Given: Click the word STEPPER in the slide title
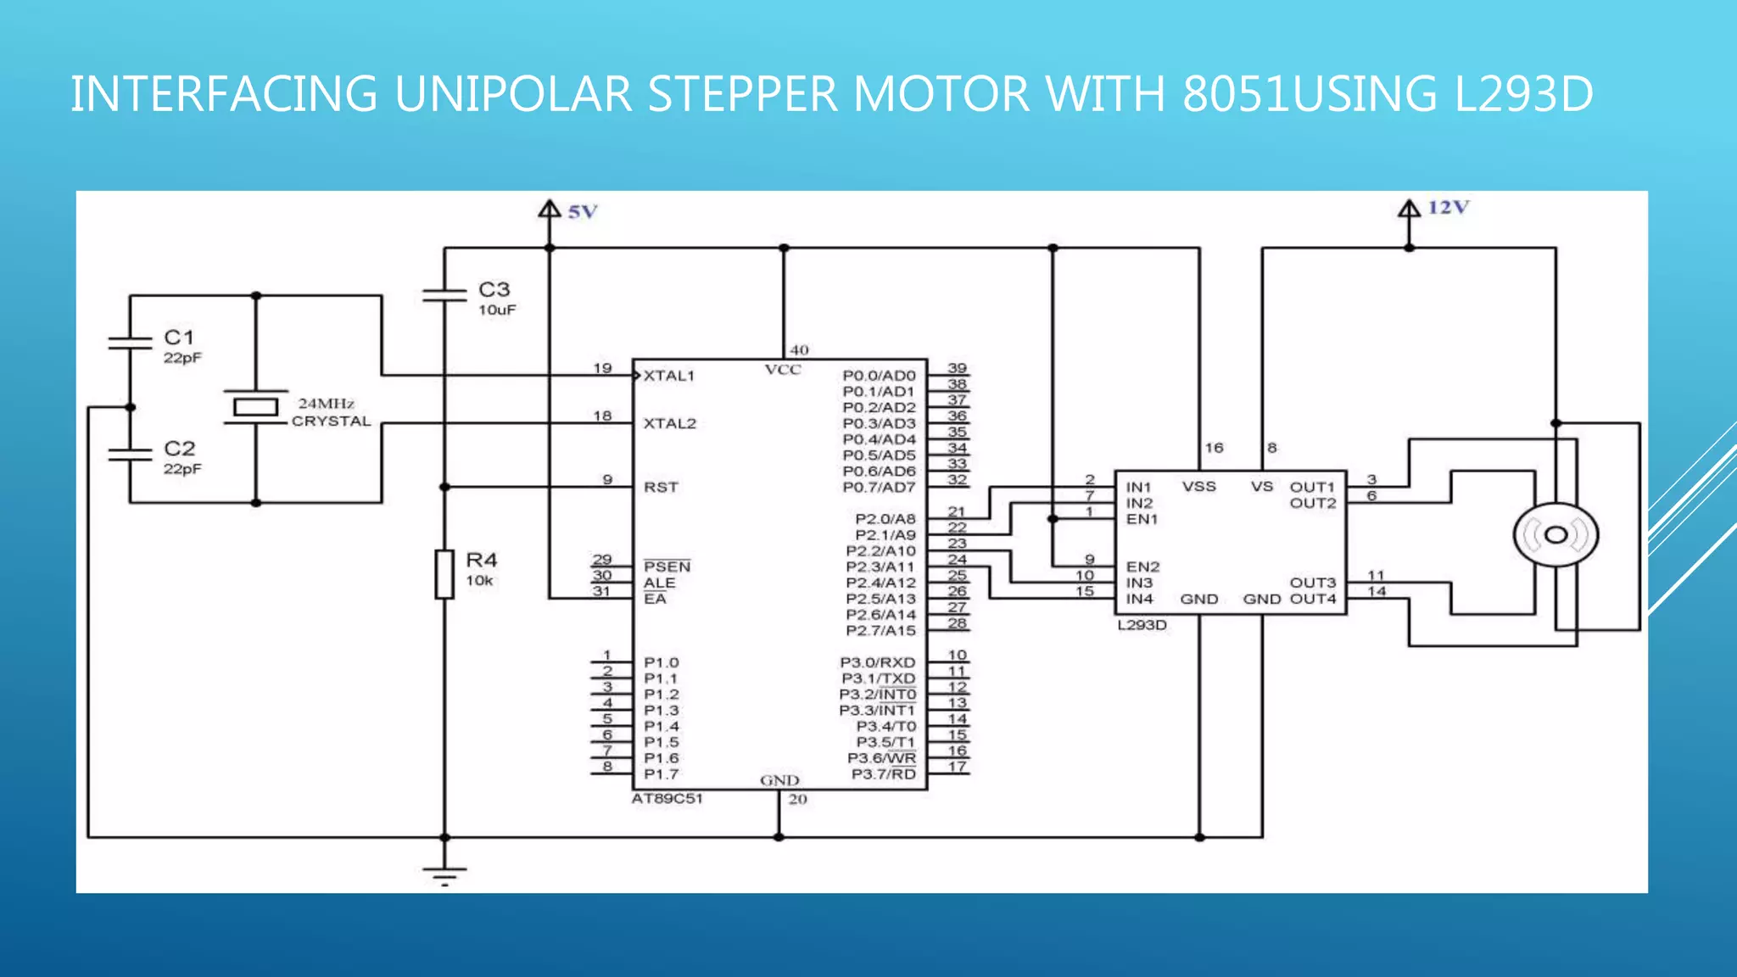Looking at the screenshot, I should [x=743, y=94].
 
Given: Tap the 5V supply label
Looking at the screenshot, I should [x=583, y=212].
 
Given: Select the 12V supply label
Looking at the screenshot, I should [x=1448, y=208].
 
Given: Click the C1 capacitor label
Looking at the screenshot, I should [x=179, y=338].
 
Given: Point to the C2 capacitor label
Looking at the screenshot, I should [x=179, y=449].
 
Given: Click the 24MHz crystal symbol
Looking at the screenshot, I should [x=255, y=407].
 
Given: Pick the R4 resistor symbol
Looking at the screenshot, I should [x=444, y=574].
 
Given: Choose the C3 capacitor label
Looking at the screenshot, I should [x=494, y=290].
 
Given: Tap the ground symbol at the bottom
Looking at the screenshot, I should [x=444, y=874].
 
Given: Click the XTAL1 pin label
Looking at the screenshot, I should [x=669, y=376].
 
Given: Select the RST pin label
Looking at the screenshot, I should [x=661, y=488].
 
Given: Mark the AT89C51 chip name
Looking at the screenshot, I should [x=667, y=799].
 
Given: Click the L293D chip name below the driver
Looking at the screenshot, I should [x=1142, y=626].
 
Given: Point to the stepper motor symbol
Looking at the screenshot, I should [x=1555, y=535].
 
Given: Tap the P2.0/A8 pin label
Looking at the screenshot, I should [x=885, y=519].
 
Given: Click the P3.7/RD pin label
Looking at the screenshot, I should [x=883, y=774].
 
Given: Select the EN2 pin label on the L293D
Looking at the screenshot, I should [x=1142, y=567].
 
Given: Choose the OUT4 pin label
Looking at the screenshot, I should [x=1312, y=600].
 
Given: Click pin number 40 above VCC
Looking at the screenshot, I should [x=799, y=350].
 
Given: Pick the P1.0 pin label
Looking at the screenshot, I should [x=661, y=662].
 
